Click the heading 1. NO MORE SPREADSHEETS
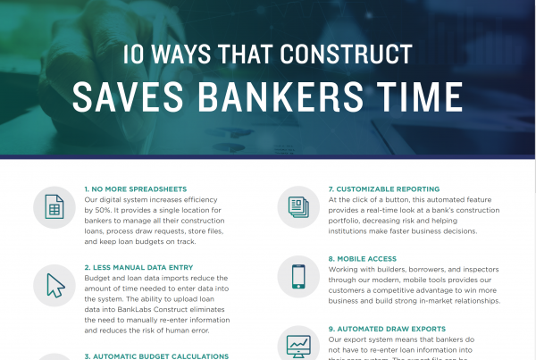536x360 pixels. [x=135, y=189]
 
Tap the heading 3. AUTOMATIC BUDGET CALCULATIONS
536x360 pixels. [x=156, y=356]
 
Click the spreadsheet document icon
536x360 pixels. [x=54, y=208]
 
